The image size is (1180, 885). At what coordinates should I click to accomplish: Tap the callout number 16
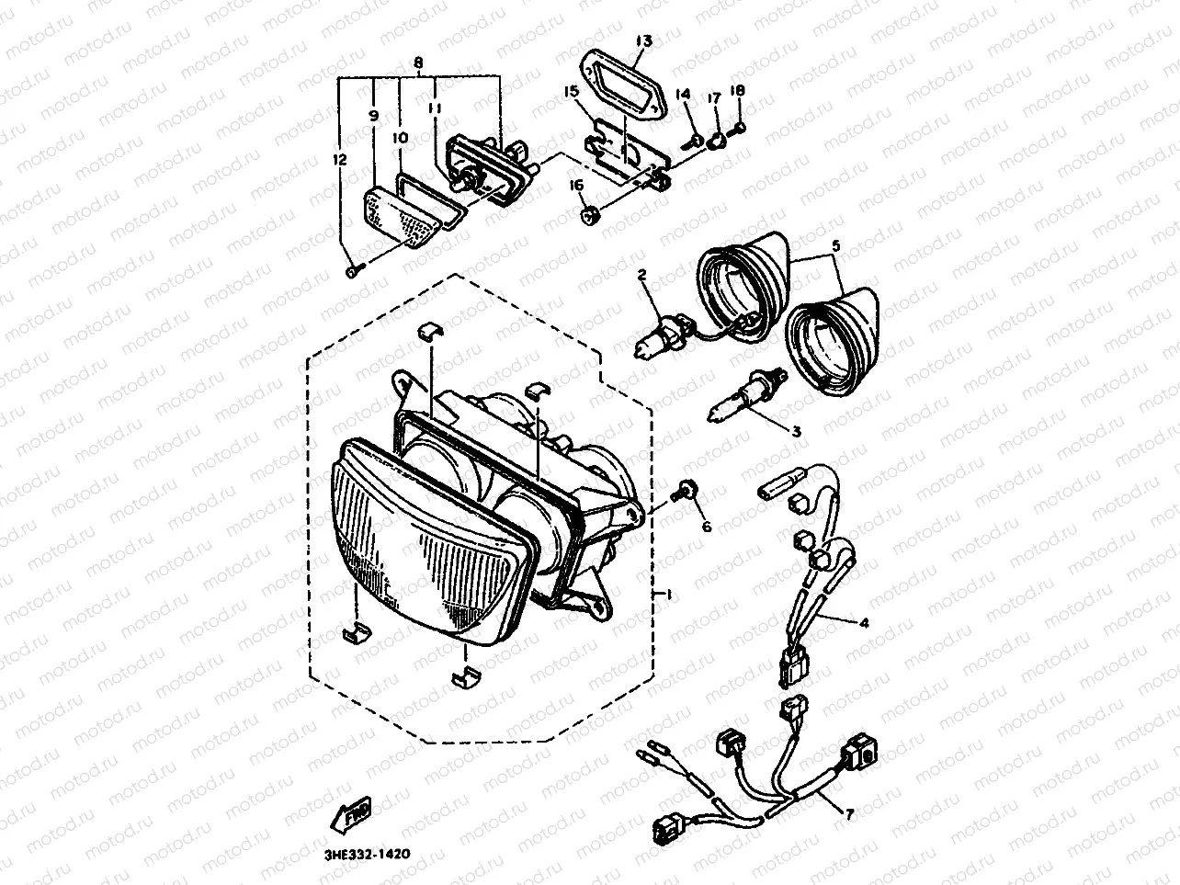[577, 187]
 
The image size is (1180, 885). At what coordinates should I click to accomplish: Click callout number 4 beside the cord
[864, 622]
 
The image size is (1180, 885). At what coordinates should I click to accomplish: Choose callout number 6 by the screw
[707, 527]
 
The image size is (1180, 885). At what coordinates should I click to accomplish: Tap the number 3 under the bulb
[795, 430]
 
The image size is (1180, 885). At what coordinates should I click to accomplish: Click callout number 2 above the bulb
[642, 275]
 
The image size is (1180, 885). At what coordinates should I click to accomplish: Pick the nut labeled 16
[593, 217]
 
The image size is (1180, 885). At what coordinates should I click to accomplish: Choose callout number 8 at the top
[418, 63]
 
